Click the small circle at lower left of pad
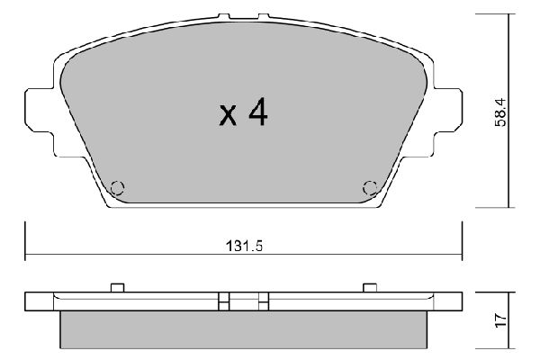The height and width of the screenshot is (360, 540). coord(115,188)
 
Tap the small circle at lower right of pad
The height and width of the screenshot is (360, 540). coord(369,188)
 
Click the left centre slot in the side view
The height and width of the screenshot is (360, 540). coord(225,300)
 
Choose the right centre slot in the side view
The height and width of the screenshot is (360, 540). coord(263,300)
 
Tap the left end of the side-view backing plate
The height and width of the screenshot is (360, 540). coord(31,300)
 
